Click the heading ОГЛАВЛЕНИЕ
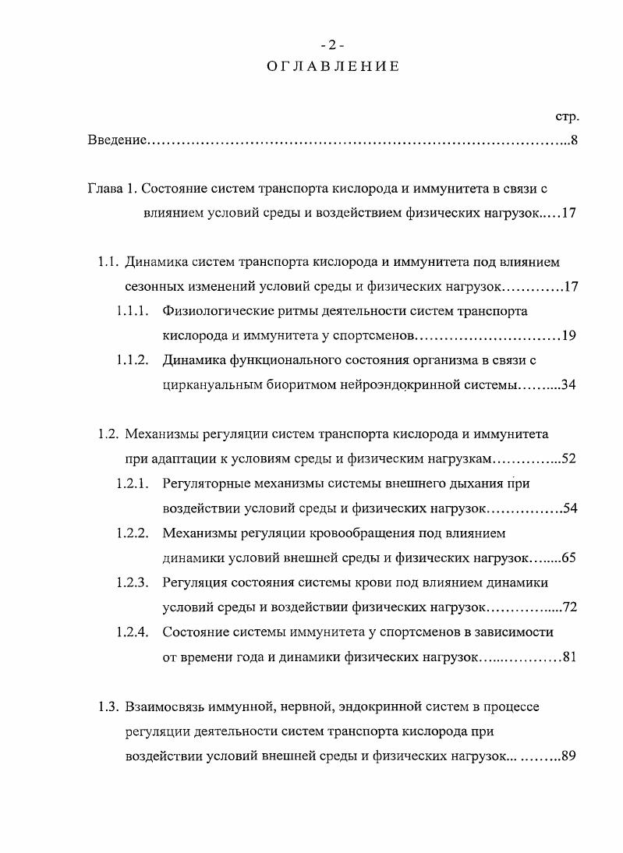(x=333, y=66)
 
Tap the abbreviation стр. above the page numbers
(x=566, y=117)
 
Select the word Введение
(x=116, y=141)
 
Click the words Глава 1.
(x=112, y=189)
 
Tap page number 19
(x=568, y=336)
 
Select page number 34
(x=568, y=385)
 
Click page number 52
(x=568, y=458)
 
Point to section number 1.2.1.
(x=133, y=483)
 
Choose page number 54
(x=568, y=508)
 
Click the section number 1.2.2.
(x=133, y=533)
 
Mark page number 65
(x=568, y=558)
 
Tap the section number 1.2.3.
(x=133, y=582)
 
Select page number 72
(x=568, y=607)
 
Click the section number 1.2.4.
(x=133, y=632)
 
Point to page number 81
(x=568, y=657)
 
